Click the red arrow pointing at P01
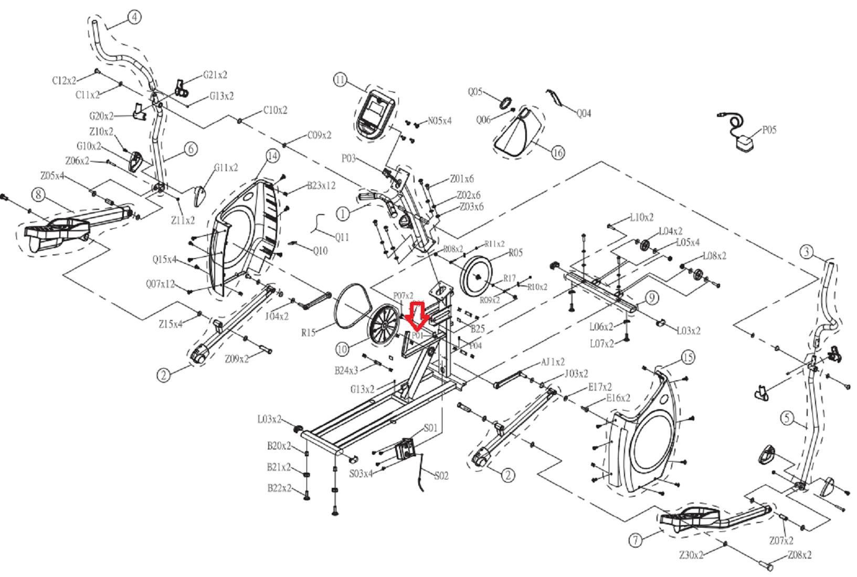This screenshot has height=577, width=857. (418, 316)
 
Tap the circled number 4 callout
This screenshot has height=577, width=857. (134, 17)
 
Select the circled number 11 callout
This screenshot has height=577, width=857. (340, 80)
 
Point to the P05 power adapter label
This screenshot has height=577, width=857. (769, 130)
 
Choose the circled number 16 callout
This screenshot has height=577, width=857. (558, 153)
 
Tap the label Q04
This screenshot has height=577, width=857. (584, 113)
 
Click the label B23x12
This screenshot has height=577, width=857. (321, 185)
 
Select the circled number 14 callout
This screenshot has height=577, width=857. (272, 156)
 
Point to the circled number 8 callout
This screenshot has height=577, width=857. (38, 195)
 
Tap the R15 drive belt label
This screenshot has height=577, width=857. (308, 333)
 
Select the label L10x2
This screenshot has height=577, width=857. (641, 217)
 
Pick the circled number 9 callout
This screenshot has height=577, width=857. (651, 298)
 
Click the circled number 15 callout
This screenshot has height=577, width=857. (687, 358)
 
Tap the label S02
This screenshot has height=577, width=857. (441, 476)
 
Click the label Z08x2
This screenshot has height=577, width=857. (799, 555)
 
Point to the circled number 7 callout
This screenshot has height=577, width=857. (636, 540)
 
